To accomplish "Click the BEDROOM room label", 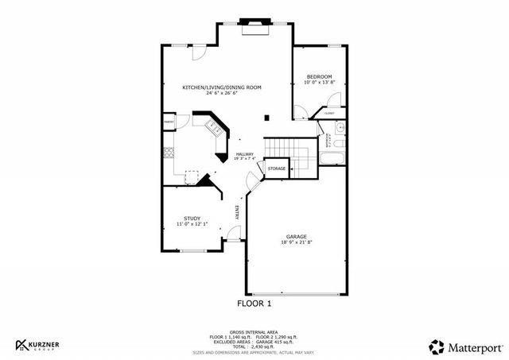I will coord(319,77).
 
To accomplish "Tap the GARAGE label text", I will coord(297,237).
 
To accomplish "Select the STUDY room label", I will coord(192,219).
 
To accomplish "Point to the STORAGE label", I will coord(276,169).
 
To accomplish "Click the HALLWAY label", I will coord(244,154).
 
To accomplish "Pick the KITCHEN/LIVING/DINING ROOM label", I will coord(222,87).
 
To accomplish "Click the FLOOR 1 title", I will coord(254,304).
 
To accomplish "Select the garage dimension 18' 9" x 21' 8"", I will coord(297,243).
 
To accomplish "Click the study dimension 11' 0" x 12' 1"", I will coord(192,225).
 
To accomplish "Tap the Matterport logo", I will coord(465,346).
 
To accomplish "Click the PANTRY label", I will coord(169,122).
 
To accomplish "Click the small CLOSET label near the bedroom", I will coord(328,114).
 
